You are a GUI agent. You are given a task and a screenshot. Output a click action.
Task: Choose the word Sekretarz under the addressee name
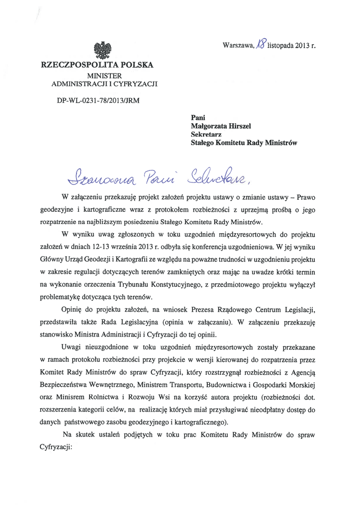click(206, 134)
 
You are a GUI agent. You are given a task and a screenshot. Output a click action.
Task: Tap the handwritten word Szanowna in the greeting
click(91, 174)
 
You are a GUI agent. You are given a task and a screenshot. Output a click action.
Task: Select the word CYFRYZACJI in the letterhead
click(134, 84)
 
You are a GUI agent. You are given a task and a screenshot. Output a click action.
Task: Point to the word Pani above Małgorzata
click(199, 117)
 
